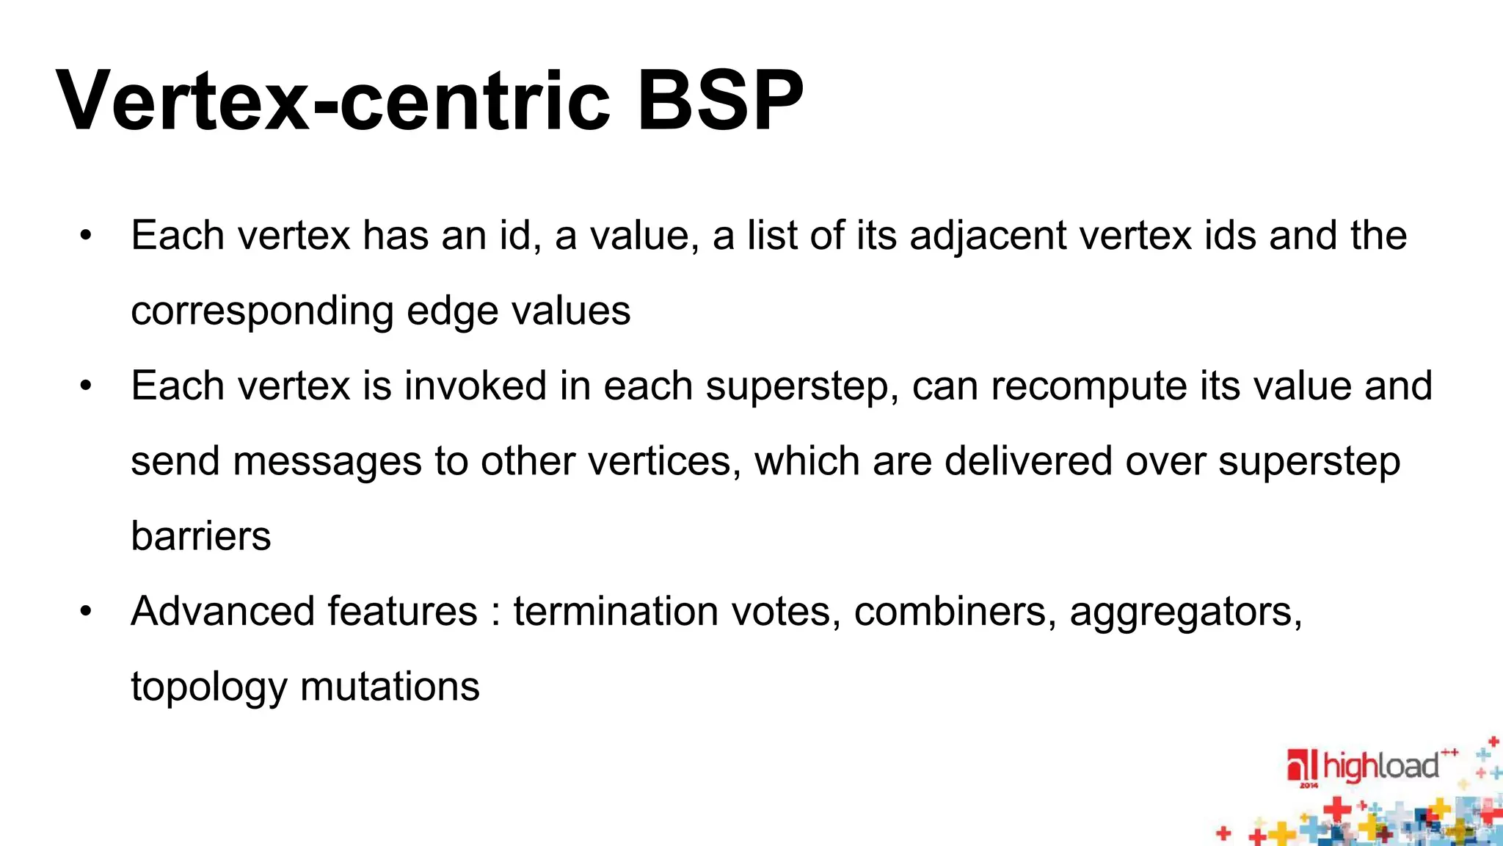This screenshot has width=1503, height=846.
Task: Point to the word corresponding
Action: pyautogui.click(x=262, y=311)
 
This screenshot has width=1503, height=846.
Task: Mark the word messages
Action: pyautogui.click(x=327, y=463)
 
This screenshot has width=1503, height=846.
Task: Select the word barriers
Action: pyautogui.click(x=200, y=536)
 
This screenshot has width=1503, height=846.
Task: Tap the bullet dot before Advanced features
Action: pyautogui.click(x=86, y=611)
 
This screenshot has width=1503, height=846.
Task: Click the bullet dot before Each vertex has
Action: pyautogui.click(x=86, y=236)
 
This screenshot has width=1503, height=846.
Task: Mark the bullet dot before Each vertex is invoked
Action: pyautogui.click(x=86, y=386)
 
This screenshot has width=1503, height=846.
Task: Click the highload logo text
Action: pyautogui.click(x=1380, y=767)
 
